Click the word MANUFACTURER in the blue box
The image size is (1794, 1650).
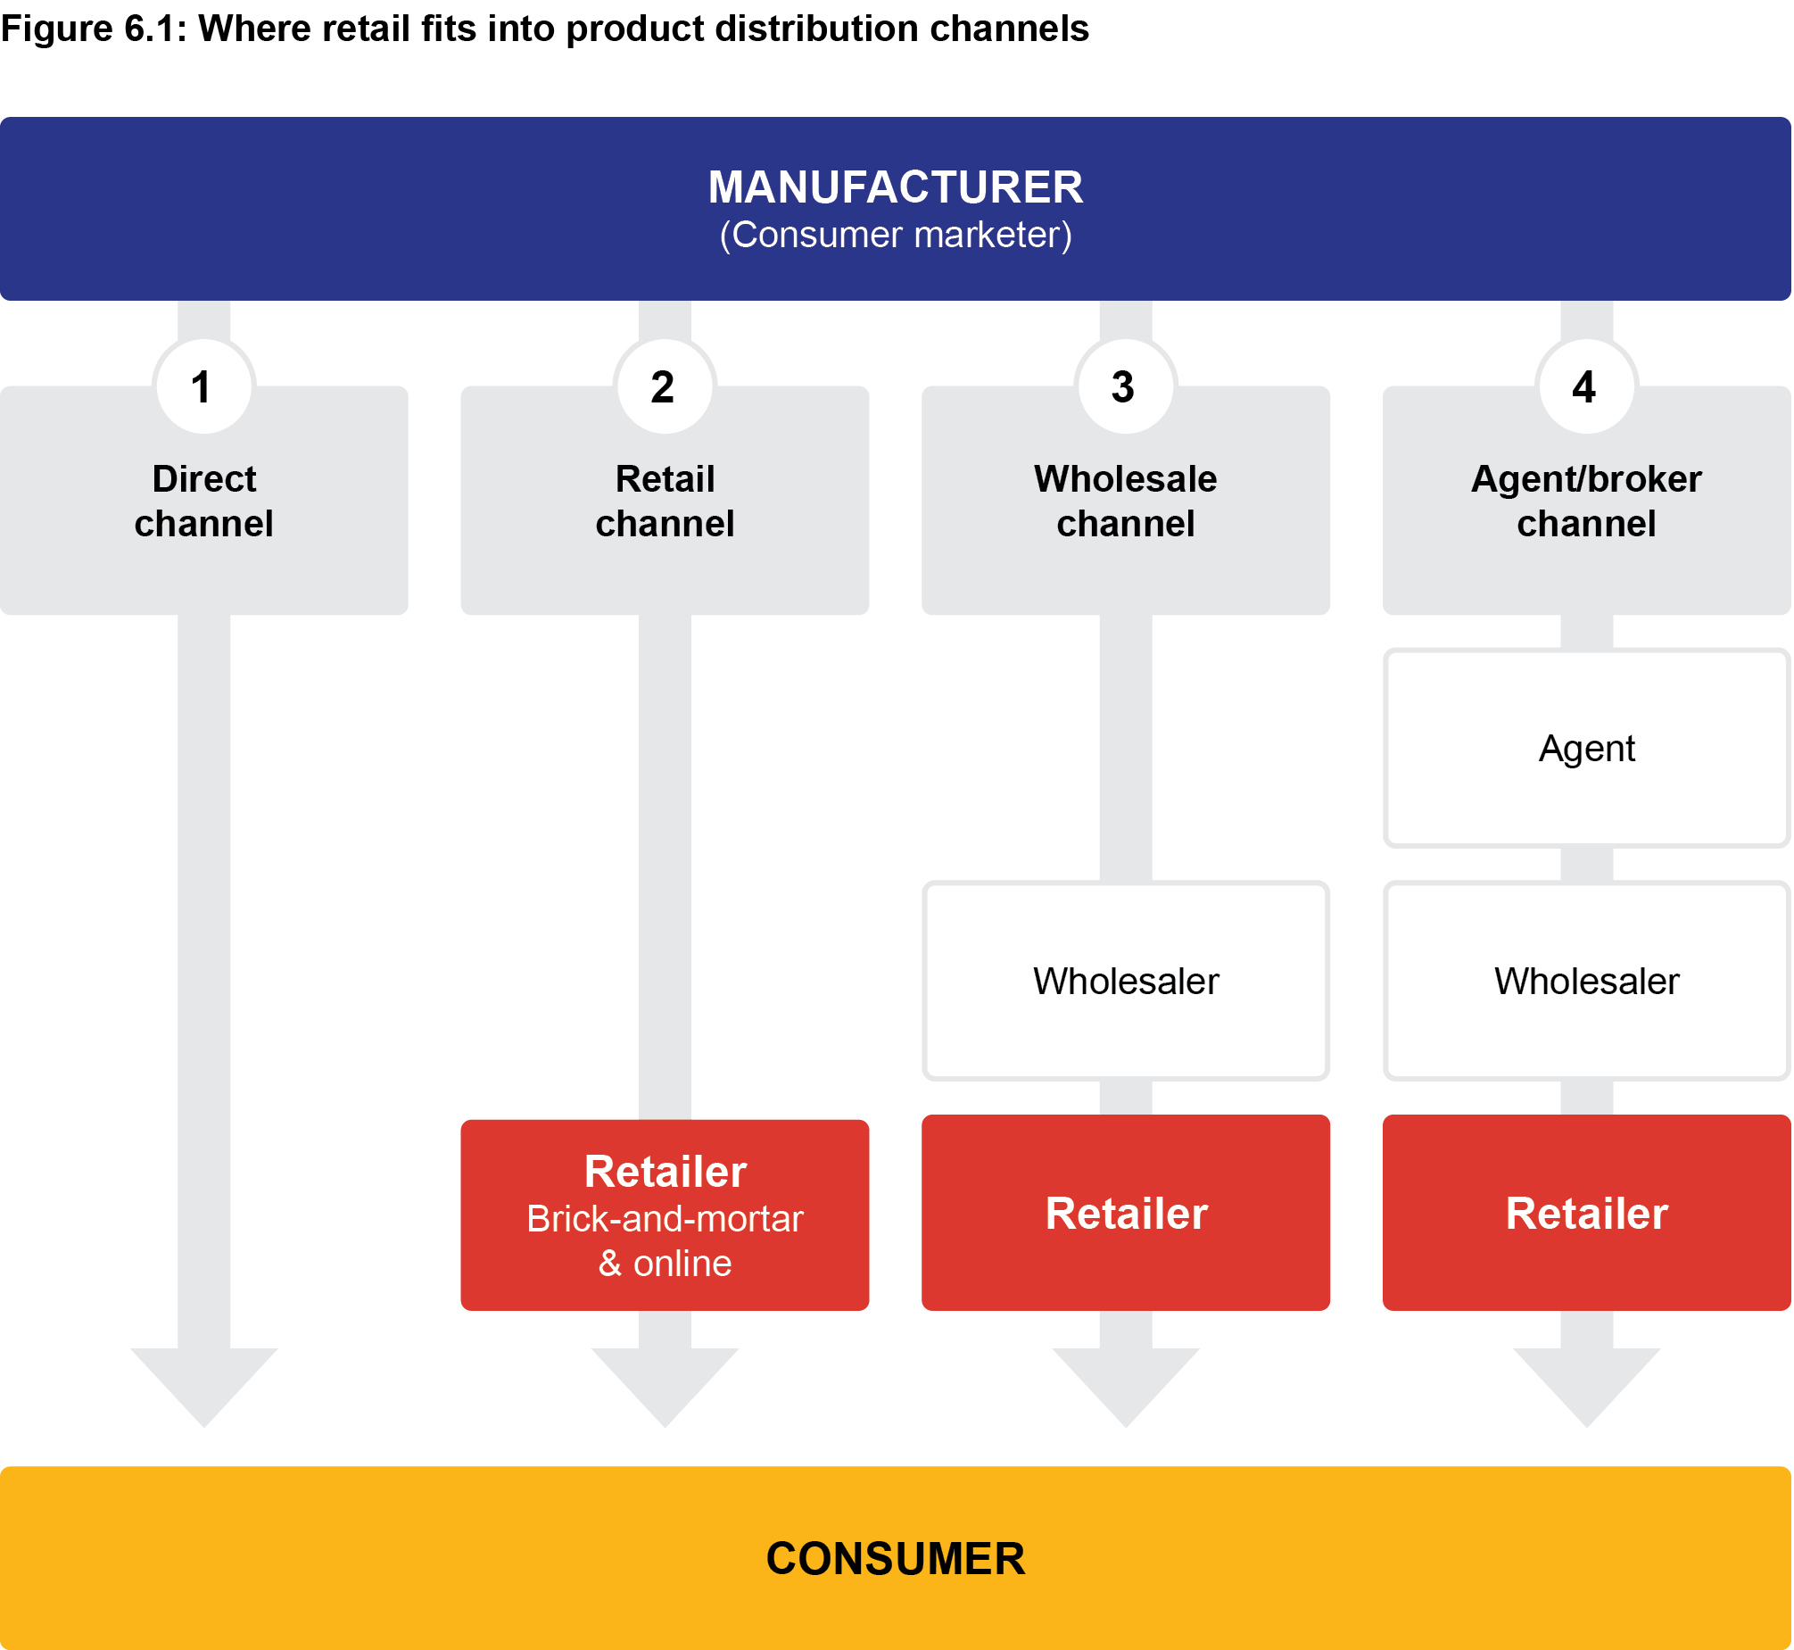click(895, 187)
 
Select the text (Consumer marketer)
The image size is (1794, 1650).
click(895, 236)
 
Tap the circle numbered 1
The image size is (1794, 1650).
click(204, 387)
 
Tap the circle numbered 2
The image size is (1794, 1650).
click(665, 387)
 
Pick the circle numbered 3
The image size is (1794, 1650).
click(1126, 387)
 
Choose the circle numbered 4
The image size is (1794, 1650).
click(1586, 387)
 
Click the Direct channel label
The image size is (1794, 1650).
click(204, 501)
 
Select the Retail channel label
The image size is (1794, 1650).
click(665, 501)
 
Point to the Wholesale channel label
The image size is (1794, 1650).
click(1126, 501)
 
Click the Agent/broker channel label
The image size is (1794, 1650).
click(1586, 501)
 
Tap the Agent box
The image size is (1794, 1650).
click(1586, 748)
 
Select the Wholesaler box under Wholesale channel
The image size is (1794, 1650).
click(1126, 982)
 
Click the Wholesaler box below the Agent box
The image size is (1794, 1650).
click(1586, 982)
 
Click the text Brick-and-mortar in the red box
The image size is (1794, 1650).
click(665, 1220)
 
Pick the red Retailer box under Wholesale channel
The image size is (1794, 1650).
click(1126, 1214)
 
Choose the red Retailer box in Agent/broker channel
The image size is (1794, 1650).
click(1586, 1214)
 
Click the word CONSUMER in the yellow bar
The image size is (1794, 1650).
click(895, 1559)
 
